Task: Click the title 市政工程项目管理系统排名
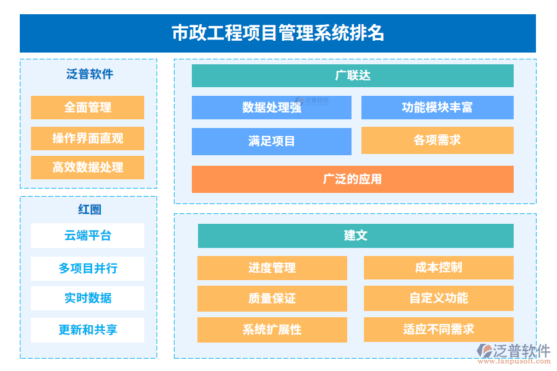pyautogui.click(x=278, y=33)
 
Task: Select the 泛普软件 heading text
pyautogui.click(x=90, y=74)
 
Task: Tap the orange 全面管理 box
pyautogui.click(x=87, y=107)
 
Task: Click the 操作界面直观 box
pyautogui.click(x=87, y=138)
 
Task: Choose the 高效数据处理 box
pyautogui.click(x=87, y=167)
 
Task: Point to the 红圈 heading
pyautogui.click(x=90, y=209)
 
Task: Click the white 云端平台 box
pyautogui.click(x=87, y=236)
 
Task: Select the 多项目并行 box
pyautogui.click(x=87, y=268)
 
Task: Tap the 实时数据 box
pyautogui.click(x=87, y=298)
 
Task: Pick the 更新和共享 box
pyautogui.click(x=87, y=330)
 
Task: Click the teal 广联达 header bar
pyautogui.click(x=352, y=75)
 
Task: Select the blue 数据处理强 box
pyautogui.click(x=272, y=107)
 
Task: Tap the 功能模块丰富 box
pyautogui.click(x=438, y=107)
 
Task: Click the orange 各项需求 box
pyautogui.click(x=438, y=140)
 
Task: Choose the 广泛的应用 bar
pyautogui.click(x=352, y=179)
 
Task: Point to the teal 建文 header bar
pyautogui.click(x=356, y=236)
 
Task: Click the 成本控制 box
pyautogui.click(x=439, y=268)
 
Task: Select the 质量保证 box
pyautogui.click(x=272, y=299)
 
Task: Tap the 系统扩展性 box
pyautogui.click(x=272, y=330)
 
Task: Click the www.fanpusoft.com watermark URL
pyautogui.click(x=514, y=361)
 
